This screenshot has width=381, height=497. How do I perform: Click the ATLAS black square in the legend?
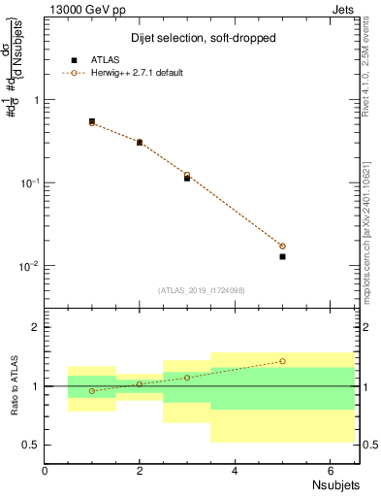[x=74, y=60]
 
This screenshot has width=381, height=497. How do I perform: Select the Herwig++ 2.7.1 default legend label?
[x=135, y=73]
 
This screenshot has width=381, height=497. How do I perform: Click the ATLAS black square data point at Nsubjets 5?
[x=282, y=256]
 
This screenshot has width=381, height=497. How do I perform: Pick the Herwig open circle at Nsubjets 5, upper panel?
[x=282, y=246]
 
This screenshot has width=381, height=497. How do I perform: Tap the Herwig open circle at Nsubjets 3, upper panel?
[x=187, y=176]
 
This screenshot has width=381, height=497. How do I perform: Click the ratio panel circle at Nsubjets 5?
[x=282, y=361]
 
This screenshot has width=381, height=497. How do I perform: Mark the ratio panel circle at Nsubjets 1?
[x=92, y=391]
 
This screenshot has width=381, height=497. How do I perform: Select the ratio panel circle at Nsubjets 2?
[x=140, y=384]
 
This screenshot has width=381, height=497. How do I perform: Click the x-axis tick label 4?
[x=235, y=470]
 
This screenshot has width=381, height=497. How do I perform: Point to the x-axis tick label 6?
[x=330, y=470]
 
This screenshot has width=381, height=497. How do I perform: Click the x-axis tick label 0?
[x=46, y=470]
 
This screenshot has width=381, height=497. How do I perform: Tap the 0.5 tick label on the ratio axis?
[x=31, y=445]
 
